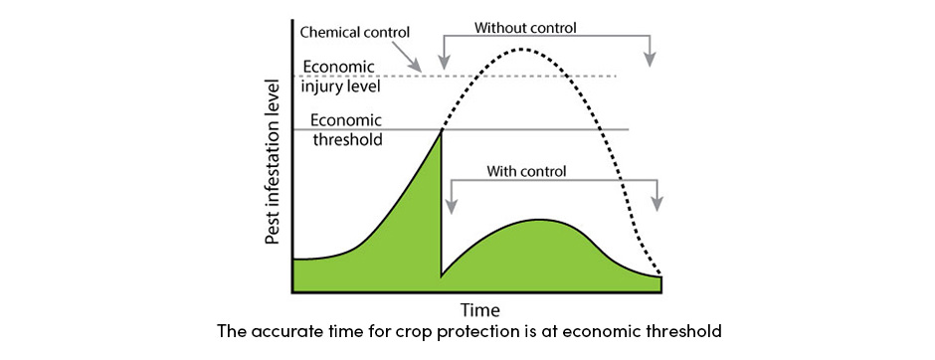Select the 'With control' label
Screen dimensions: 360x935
pos(526,170)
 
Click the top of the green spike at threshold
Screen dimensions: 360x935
pos(441,131)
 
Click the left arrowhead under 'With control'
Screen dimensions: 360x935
pos(451,207)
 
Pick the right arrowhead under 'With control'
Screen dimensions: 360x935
pos(656,205)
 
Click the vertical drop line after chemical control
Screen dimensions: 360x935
pos(441,209)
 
